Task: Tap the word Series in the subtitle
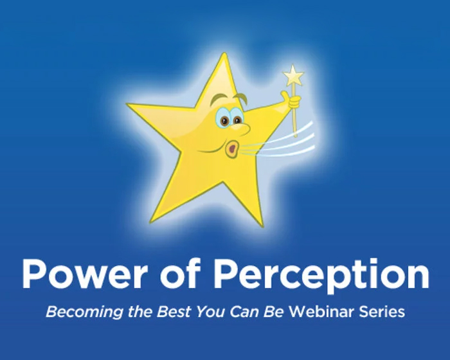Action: [383, 312]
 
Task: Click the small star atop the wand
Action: [294, 76]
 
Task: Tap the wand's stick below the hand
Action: [296, 122]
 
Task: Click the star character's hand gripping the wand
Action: [294, 101]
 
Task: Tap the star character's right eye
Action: [237, 119]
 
